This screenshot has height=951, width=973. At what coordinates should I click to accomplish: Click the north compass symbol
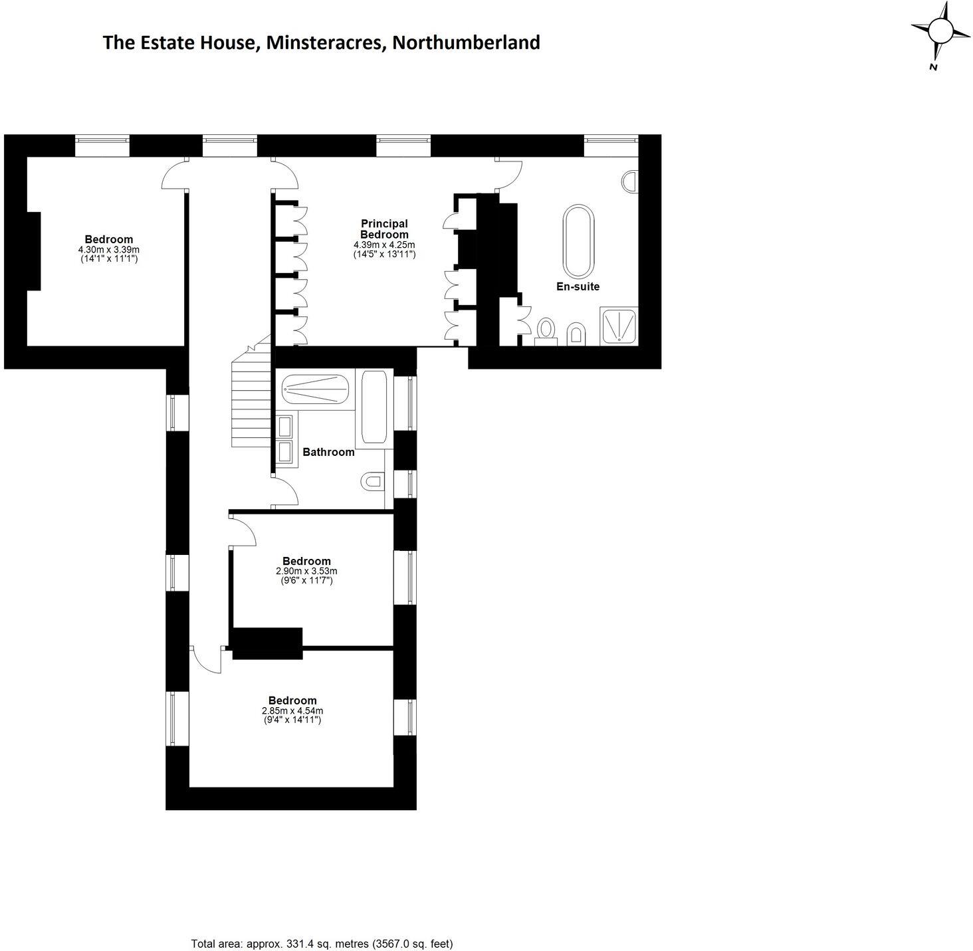click(x=940, y=32)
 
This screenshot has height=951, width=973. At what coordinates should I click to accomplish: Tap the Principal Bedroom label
click(x=384, y=229)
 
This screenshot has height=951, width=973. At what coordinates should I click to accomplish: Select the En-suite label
click(x=578, y=286)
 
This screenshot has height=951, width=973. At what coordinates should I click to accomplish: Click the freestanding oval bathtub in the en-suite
click(x=578, y=241)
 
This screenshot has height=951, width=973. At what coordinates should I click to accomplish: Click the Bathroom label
click(x=328, y=452)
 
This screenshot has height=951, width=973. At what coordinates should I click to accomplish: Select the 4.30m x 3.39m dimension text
click(x=108, y=249)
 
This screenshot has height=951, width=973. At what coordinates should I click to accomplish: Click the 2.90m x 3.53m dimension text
click(x=306, y=571)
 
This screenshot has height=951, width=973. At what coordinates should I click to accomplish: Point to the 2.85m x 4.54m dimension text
click(x=292, y=710)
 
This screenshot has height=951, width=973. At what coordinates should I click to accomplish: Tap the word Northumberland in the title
click(x=465, y=43)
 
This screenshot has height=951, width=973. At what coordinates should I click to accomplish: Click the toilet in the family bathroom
click(x=372, y=481)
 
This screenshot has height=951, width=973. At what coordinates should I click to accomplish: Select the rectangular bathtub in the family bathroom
click(x=374, y=407)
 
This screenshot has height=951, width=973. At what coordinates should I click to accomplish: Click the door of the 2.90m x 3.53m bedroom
click(x=242, y=532)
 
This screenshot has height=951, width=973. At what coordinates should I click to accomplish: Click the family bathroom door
click(x=286, y=492)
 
